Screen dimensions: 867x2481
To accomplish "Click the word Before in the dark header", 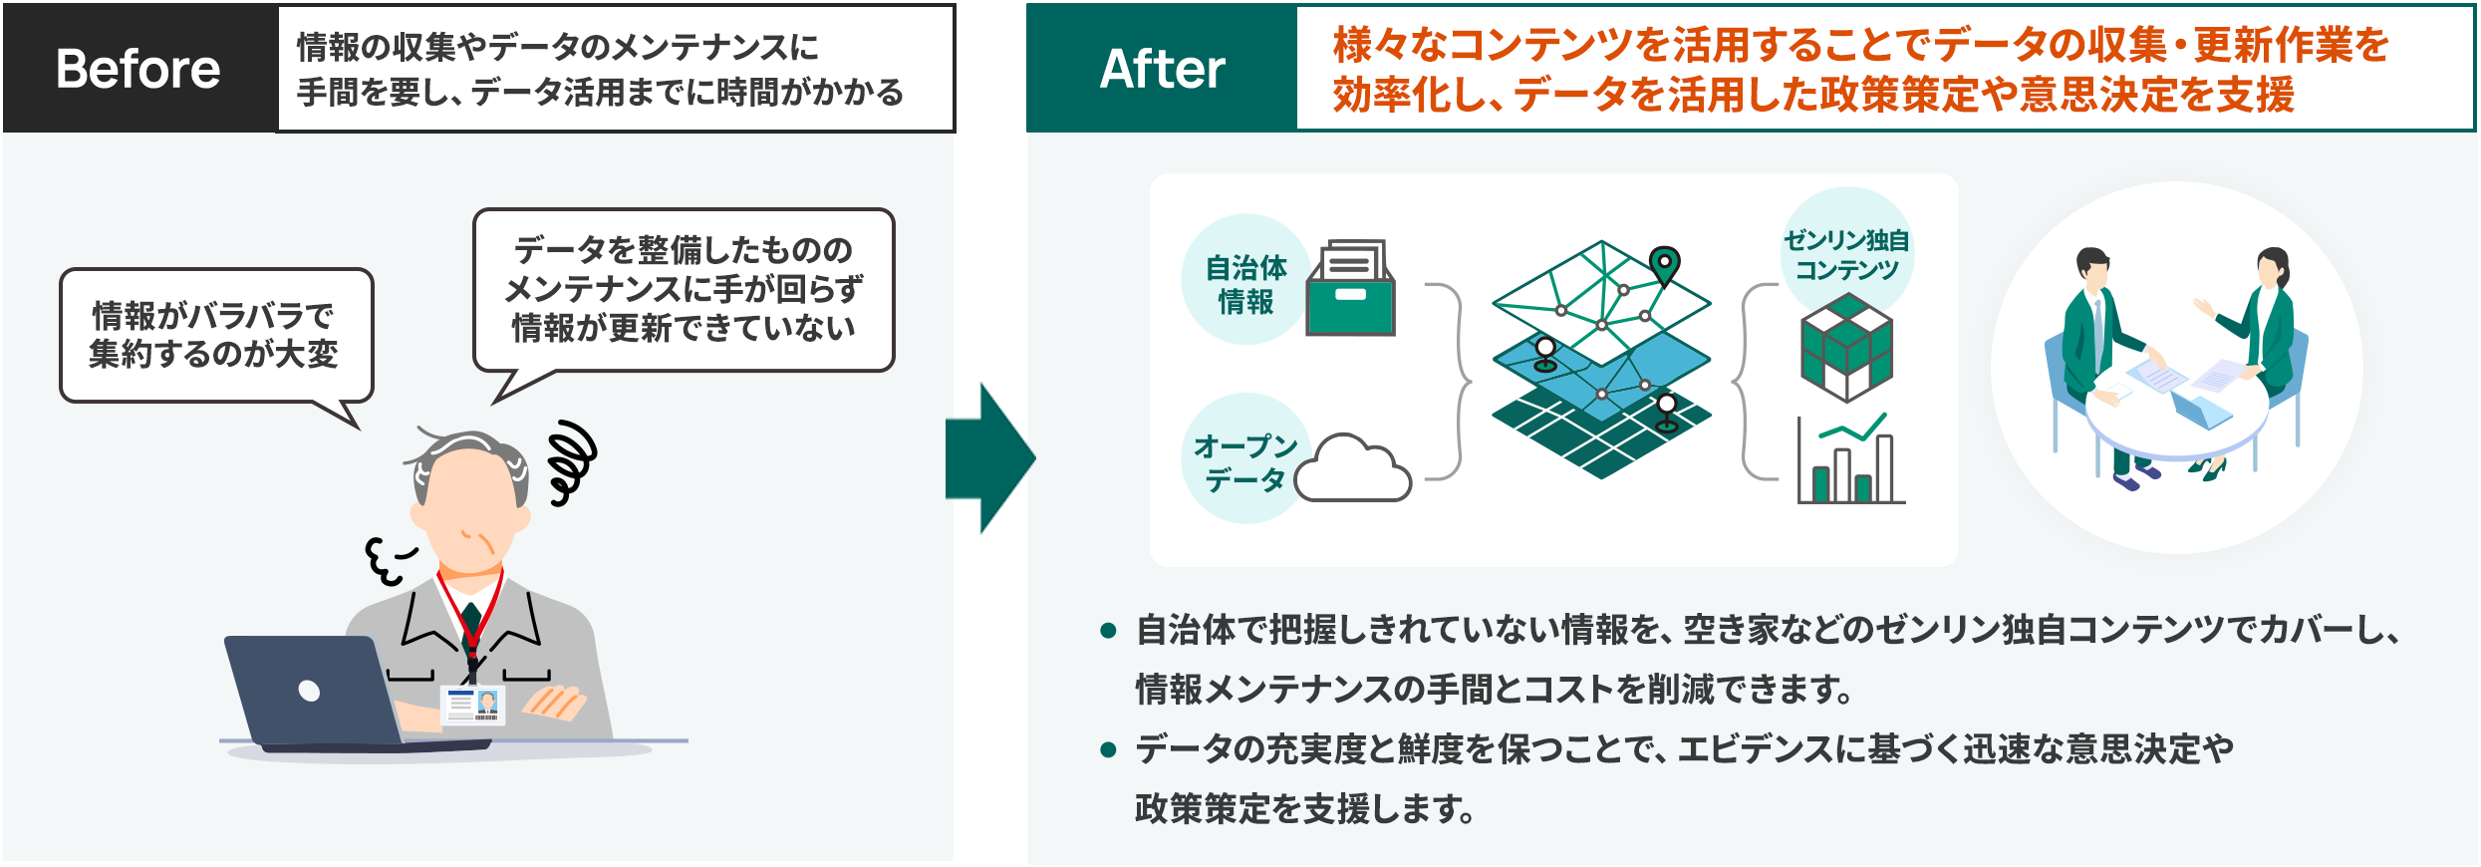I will pyautogui.click(x=138, y=69).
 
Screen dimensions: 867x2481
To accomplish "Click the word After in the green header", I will pyautogui.click(x=1162, y=69).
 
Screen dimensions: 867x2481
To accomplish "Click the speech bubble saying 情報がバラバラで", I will pyautogui.click(x=215, y=335).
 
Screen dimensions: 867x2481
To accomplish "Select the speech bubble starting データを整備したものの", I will pyautogui.click(x=684, y=289).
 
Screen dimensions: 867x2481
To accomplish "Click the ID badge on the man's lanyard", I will pyautogui.click(x=472, y=705).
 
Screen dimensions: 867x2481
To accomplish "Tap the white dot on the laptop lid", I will pyautogui.click(x=309, y=691).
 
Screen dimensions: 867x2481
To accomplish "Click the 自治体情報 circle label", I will pyautogui.click(x=1245, y=283).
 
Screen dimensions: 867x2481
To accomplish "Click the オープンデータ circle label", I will pyautogui.click(x=1245, y=461).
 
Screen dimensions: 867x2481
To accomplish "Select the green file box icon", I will pyautogui.click(x=1352, y=290).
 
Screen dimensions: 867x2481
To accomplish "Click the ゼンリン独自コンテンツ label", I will pyautogui.click(x=1846, y=254).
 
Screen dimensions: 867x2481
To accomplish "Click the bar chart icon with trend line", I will pyautogui.click(x=1849, y=460).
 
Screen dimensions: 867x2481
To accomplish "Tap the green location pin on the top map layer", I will pyautogui.click(x=1664, y=263).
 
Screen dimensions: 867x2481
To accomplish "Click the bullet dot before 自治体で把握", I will pyautogui.click(x=1107, y=631).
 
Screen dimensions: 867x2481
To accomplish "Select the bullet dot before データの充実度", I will pyautogui.click(x=1107, y=749).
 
